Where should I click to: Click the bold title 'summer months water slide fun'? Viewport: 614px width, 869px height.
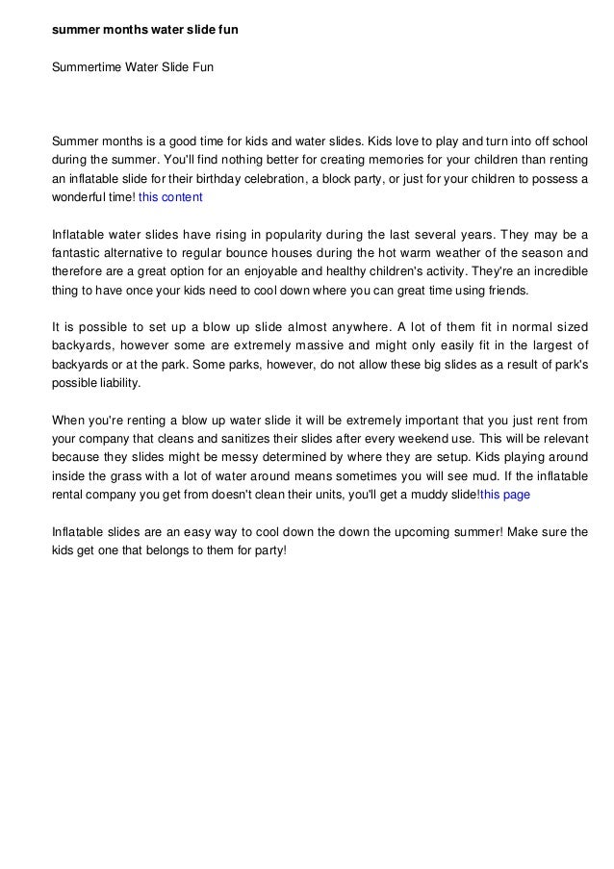[144, 31]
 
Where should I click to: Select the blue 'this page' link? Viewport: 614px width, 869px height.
[504, 495]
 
